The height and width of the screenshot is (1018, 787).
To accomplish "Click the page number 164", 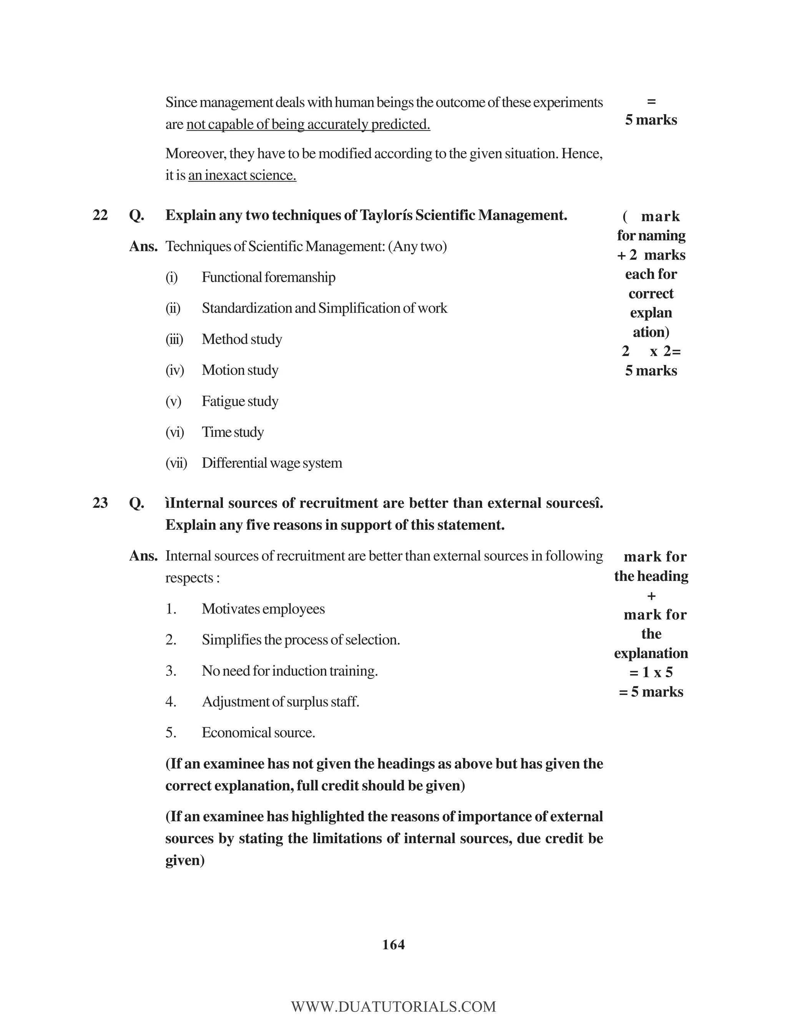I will [x=393, y=944].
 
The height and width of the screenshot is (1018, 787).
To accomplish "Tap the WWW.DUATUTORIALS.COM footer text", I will [x=393, y=1006].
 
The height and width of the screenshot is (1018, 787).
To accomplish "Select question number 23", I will [x=100, y=502].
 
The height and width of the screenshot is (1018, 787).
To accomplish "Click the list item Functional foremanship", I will [x=268, y=277].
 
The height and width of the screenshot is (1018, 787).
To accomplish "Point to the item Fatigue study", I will [x=240, y=401].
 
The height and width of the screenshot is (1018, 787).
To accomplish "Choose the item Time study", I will [x=232, y=432].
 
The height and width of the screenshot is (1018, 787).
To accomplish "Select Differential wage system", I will [x=272, y=463].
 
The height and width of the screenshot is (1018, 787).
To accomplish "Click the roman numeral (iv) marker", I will [x=175, y=370].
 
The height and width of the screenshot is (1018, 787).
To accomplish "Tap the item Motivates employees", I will [x=263, y=609].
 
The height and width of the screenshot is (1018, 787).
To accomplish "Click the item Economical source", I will [x=258, y=733].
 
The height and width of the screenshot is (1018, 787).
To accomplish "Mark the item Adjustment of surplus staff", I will [x=280, y=701].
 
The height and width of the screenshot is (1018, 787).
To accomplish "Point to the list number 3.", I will [x=171, y=671].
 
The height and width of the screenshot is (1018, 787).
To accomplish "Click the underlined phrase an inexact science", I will [x=242, y=175].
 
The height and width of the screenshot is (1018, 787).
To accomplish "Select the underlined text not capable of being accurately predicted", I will [x=308, y=124].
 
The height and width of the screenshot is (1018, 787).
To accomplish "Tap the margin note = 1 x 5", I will [x=651, y=672].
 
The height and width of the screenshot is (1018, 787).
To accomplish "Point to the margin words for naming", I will [x=651, y=235].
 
